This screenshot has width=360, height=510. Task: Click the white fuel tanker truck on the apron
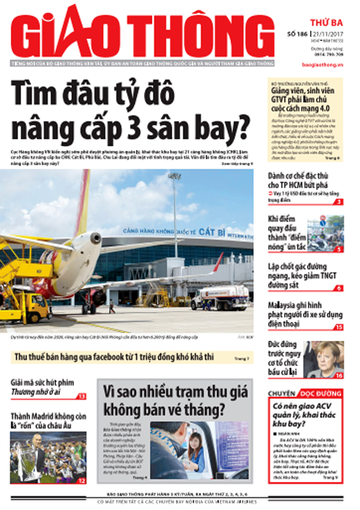coord(222,298)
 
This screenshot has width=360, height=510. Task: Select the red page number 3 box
coord(339,202)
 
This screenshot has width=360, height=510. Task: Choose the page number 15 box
coord(339,327)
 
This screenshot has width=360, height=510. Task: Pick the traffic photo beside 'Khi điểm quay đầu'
coord(325,232)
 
